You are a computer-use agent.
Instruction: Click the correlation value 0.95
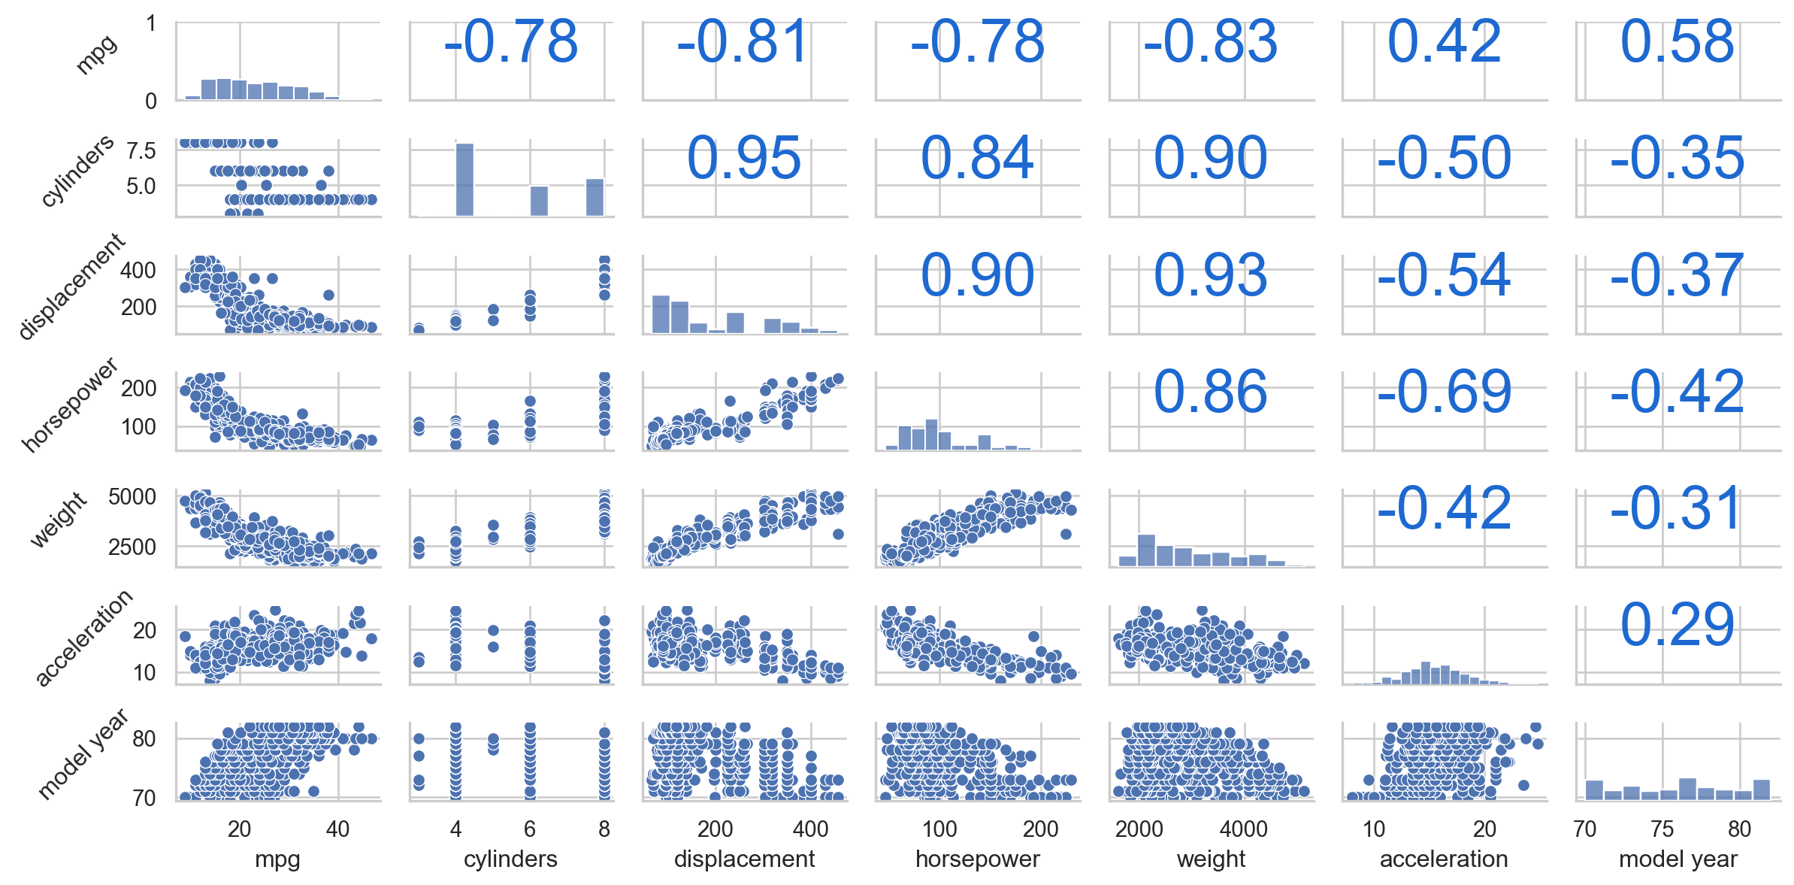[744, 158]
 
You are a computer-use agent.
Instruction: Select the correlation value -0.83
[1210, 41]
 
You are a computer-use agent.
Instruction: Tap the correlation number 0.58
[1677, 41]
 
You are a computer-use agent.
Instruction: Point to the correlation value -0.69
[1444, 392]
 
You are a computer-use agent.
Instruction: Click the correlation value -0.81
[743, 41]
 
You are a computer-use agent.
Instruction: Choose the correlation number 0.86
[1210, 392]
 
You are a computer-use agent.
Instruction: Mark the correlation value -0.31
[1677, 508]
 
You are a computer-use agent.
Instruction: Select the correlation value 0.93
[1210, 275]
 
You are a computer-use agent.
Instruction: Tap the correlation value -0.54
[1444, 275]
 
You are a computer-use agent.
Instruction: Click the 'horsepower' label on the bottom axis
[977, 859]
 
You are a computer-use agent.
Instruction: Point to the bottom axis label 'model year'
[1678, 859]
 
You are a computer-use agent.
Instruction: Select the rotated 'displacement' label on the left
[71, 286]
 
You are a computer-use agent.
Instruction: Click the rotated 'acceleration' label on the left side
[83, 638]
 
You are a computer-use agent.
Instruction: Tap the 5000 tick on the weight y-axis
[132, 496]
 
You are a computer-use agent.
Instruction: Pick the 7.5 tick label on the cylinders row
[141, 150]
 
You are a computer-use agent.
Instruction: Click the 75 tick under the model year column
[1662, 829]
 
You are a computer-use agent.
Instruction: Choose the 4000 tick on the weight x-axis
[1244, 829]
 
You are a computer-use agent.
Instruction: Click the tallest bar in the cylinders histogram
[464, 180]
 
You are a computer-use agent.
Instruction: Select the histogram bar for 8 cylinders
[594, 197]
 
